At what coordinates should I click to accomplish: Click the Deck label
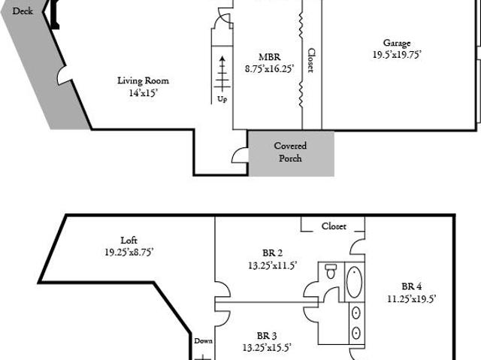[x=23, y=11]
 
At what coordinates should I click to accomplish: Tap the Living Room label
[x=144, y=80]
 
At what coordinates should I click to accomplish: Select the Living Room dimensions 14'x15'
[x=144, y=93]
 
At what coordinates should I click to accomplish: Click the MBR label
[x=270, y=57]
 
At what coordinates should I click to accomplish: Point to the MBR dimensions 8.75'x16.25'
[x=270, y=68]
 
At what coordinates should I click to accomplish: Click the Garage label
[x=397, y=44]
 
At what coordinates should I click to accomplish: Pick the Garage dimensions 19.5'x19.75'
[x=397, y=55]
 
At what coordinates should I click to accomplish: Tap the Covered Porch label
[x=290, y=152]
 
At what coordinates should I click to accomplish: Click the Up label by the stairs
[x=222, y=99]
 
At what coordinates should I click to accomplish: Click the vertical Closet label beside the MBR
[x=311, y=60]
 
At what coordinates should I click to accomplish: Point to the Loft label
[x=129, y=240]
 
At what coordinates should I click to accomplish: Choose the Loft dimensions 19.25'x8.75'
[x=129, y=252]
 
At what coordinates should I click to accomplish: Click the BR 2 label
[x=272, y=253]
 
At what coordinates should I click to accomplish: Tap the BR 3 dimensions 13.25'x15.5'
[x=267, y=347]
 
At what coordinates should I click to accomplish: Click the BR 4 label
[x=411, y=286]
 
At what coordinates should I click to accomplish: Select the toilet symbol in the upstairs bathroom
[x=331, y=271]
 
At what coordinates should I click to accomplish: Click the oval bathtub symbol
[x=354, y=282]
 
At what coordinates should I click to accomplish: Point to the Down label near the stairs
[x=204, y=340]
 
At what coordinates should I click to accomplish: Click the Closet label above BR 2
[x=334, y=226]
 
